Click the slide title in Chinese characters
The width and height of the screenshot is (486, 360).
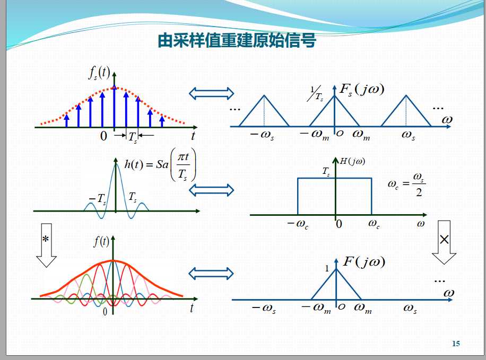[x=237, y=41]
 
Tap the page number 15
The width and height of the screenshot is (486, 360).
[x=456, y=343]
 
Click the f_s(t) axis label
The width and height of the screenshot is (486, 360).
[x=99, y=73]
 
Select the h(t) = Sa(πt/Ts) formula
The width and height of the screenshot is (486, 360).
[x=160, y=165]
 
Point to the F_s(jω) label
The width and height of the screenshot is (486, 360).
[x=362, y=90]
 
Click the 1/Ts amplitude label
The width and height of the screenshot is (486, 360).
[x=316, y=94]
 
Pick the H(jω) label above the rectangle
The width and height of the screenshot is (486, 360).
[x=352, y=161]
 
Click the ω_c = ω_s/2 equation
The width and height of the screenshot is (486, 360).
[x=406, y=185]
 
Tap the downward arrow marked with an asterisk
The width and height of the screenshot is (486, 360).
[x=46, y=245]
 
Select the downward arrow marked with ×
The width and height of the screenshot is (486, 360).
[x=444, y=242]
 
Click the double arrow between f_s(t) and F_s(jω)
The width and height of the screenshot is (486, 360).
[x=211, y=93]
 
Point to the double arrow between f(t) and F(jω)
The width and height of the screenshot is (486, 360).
[x=211, y=273]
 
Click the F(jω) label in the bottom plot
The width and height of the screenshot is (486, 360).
[x=364, y=262]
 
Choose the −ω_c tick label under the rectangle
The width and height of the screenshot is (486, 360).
[x=298, y=224]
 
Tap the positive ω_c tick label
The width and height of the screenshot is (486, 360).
[x=374, y=224]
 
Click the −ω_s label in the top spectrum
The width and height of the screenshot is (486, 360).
[x=262, y=135]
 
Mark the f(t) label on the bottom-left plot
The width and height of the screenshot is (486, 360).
[x=101, y=241]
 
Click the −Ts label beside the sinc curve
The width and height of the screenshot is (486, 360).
[x=97, y=199]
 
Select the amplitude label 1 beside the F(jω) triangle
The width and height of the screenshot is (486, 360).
[x=327, y=268]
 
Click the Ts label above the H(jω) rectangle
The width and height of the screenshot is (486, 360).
[x=326, y=171]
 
